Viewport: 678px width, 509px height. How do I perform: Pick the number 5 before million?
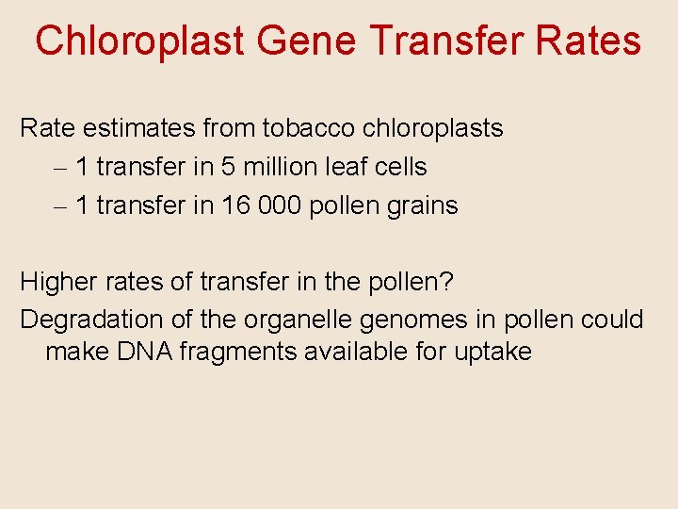(x=229, y=167)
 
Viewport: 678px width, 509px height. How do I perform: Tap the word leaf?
(x=349, y=167)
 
